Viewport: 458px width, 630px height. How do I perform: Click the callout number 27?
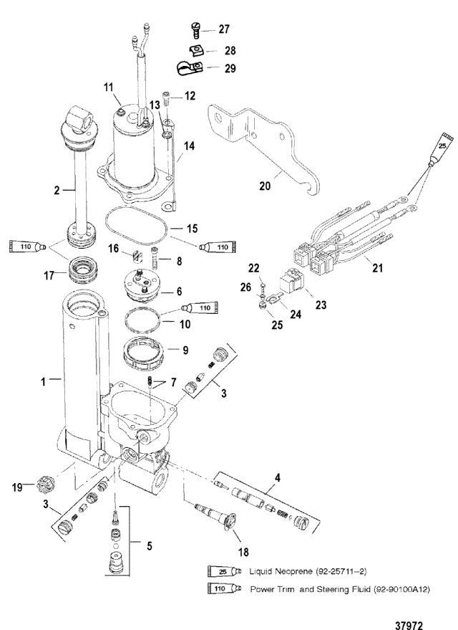point(224,29)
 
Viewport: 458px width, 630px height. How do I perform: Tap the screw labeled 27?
point(194,30)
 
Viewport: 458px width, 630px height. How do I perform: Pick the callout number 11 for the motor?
point(109,87)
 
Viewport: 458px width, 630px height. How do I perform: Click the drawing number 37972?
point(409,625)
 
